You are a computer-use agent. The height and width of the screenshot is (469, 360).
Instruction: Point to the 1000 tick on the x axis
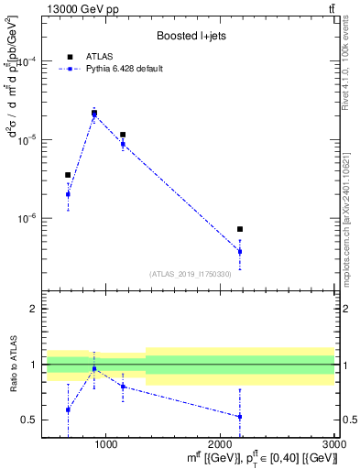(x=105, y=443)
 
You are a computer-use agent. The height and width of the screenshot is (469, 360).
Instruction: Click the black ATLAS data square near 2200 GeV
(x=240, y=229)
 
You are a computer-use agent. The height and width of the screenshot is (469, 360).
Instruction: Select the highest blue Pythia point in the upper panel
(x=94, y=115)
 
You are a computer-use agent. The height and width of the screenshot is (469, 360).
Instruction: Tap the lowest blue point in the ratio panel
(x=240, y=417)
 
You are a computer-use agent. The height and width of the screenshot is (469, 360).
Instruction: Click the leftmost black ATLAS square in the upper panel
(x=68, y=175)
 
